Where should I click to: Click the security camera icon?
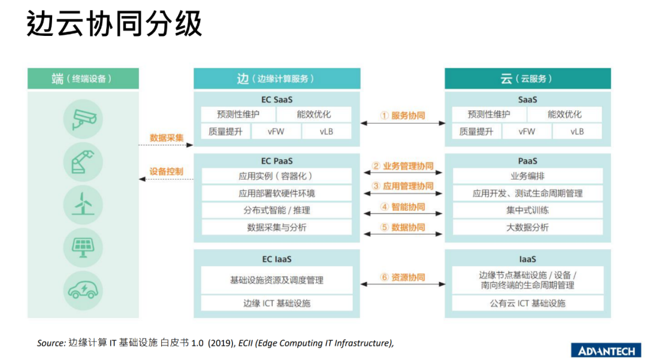point(83,119)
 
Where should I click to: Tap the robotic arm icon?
point(83,162)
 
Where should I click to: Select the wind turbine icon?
point(83,204)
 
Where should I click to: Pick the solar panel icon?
point(83,247)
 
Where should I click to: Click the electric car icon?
point(83,291)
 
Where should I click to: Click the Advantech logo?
point(606,350)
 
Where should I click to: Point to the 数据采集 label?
point(167,138)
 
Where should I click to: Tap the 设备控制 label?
point(167,171)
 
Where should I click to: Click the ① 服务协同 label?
point(403,116)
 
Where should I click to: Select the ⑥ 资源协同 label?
point(403,277)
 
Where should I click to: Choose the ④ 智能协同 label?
point(403,207)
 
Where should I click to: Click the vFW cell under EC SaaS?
point(276,132)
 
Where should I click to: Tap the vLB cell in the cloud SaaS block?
point(577,132)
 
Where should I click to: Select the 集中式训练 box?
point(527,210)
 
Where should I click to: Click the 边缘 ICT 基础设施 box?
point(276,303)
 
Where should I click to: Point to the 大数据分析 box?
point(527,227)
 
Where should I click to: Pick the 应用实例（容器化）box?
point(276,176)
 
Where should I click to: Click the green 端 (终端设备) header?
point(83,78)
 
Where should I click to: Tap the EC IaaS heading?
point(276,259)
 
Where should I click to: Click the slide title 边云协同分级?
point(114,23)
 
